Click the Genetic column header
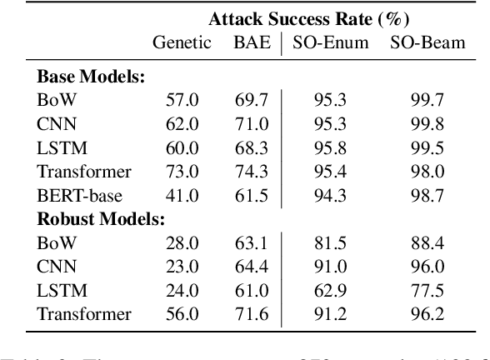coord(182,43)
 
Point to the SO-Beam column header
coord(427,43)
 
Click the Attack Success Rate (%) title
coord(313,18)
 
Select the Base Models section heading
coord(92,77)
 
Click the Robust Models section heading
coord(101,220)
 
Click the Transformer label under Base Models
coord(84,172)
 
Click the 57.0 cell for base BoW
coord(182,101)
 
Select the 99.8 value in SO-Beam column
coord(427,125)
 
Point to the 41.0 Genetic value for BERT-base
coord(182,197)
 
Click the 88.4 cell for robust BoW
coord(427,244)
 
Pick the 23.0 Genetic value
coord(182,267)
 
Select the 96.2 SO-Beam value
coord(427,315)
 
